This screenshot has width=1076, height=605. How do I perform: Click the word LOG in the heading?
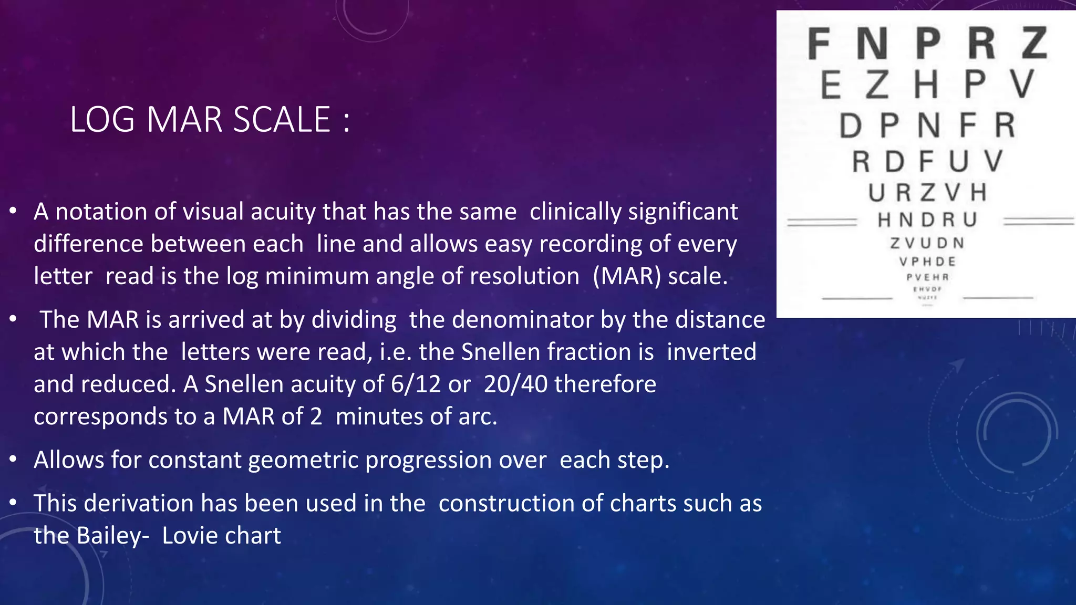point(102,120)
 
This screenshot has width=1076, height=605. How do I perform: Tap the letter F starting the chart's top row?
point(819,44)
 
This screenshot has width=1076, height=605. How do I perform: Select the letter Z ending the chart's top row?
point(1034,44)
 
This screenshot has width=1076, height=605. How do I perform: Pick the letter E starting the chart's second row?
point(831,85)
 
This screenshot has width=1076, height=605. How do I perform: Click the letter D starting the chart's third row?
point(850,126)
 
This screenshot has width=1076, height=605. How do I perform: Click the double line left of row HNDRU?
point(822,222)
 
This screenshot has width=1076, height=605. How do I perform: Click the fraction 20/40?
point(515,384)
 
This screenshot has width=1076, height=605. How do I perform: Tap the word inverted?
point(711,352)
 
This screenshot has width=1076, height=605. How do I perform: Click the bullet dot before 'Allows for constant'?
point(14,460)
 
